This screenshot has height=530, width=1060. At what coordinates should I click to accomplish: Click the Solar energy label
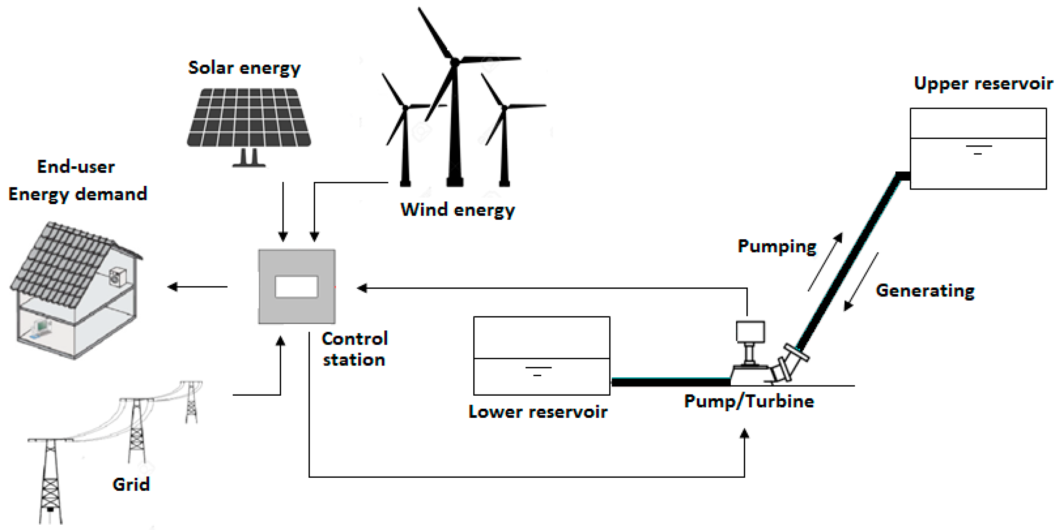click(x=244, y=68)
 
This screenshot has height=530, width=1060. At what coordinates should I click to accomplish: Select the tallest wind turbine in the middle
click(x=455, y=123)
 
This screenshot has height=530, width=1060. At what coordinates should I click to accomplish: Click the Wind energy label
click(x=457, y=210)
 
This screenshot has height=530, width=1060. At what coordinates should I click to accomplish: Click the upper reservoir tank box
click(x=978, y=148)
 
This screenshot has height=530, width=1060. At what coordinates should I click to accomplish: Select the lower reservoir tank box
click(x=541, y=355)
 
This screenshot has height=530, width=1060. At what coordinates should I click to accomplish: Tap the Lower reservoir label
click(x=537, y=412)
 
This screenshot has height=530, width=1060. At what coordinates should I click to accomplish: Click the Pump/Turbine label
click(x=749, y=401)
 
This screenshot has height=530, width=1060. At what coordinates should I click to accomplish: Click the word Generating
click(x=925, y=291)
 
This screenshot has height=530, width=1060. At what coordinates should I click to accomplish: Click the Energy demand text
click(x=78, y=194)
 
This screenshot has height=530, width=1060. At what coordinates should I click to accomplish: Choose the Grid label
click(x=131, y=484)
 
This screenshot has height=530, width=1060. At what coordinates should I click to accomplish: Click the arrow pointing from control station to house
click(x=197, y=287)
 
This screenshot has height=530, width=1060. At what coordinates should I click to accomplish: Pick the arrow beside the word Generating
click(x=861, y=282)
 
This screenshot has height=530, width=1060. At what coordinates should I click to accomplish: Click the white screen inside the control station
click(x=296, y=287)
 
